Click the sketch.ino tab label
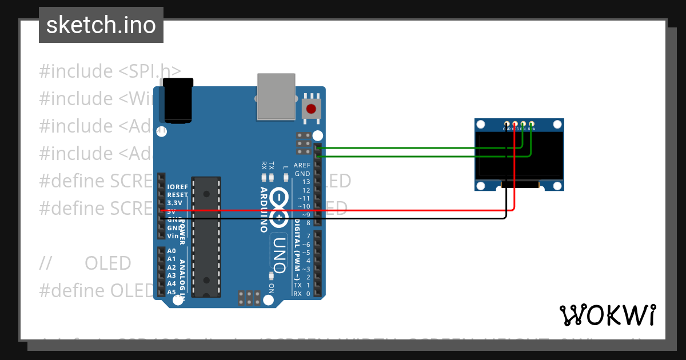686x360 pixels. tap(101, 25)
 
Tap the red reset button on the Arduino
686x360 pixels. tap(311, 109)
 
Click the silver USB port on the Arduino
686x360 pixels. tap(276, 97)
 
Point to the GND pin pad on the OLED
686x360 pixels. tap(506, 124)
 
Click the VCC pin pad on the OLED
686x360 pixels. tap(515, 124)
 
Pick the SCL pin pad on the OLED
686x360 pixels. tap(523, 124)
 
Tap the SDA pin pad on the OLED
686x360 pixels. tap(532, 124)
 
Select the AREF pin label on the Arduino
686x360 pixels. tap(301, 165)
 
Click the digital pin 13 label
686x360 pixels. tap(306, 182)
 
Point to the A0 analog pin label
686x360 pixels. tap(171, 251)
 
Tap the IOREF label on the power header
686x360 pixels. tap(177, 187)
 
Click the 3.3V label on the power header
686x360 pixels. tap(175, 203)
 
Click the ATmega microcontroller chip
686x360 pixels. tap(206, 237)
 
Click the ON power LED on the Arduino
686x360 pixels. tap(270, 275)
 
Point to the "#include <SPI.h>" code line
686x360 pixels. tap(110, 71)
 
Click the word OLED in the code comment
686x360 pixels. tap(108, 263)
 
